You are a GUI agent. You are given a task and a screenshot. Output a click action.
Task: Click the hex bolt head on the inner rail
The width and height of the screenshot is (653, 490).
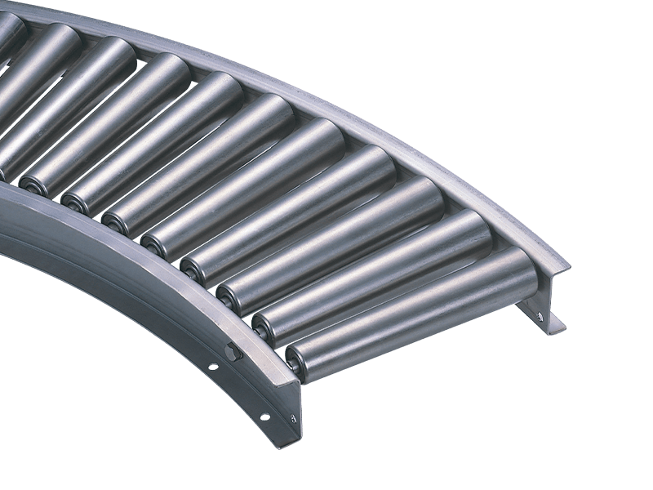point(233,354)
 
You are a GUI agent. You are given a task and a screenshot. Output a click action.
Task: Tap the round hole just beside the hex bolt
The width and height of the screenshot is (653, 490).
point(214,367)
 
